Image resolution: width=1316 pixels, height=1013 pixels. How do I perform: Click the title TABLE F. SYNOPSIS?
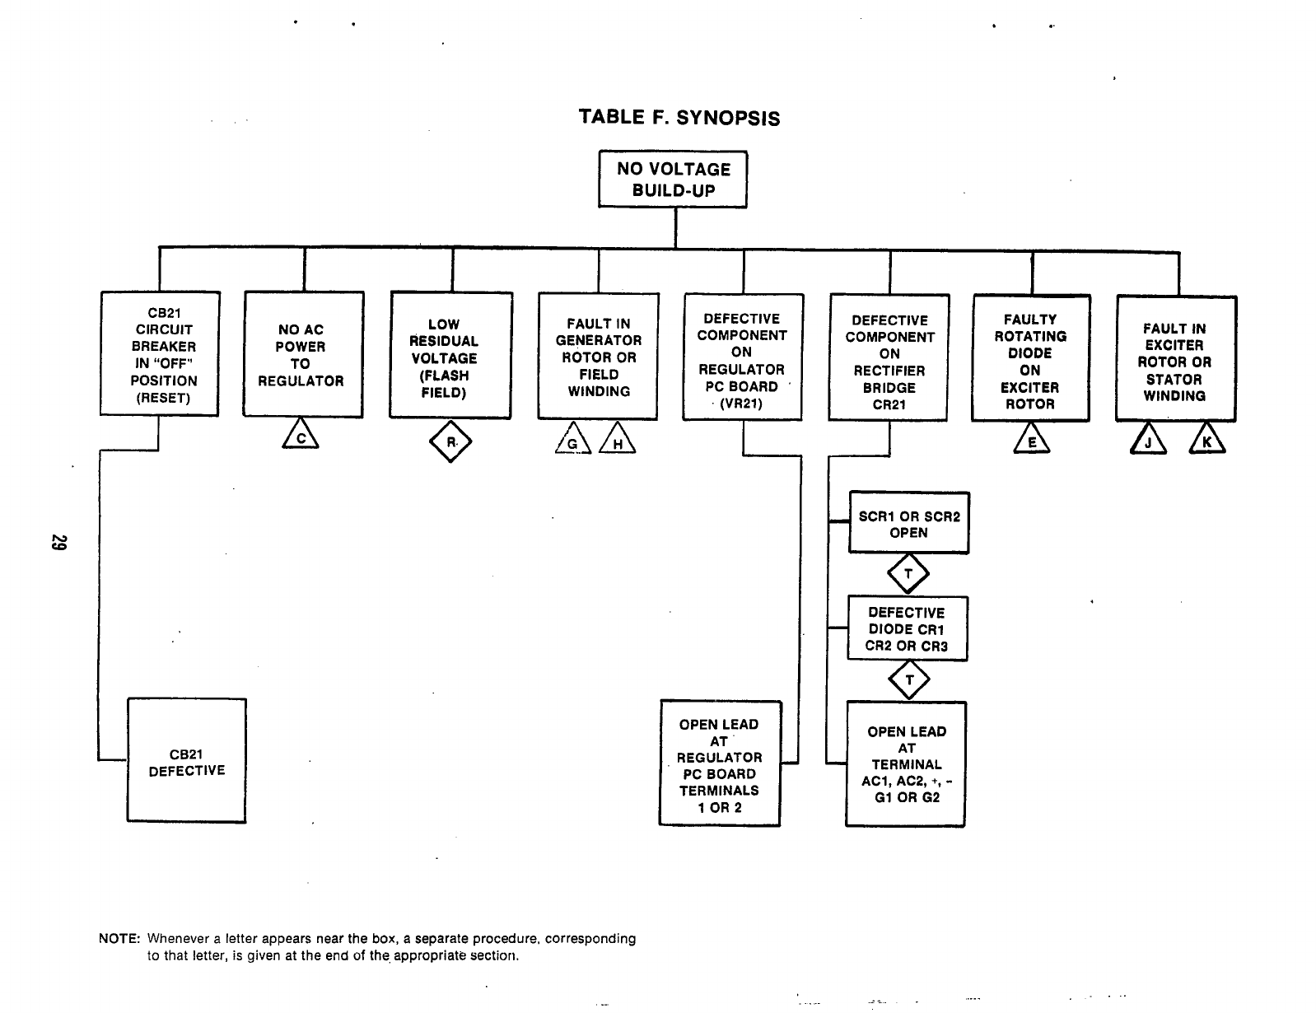679,117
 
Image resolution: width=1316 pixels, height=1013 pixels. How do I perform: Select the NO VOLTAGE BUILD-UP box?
673,180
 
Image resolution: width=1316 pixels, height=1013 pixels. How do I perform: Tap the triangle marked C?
301,436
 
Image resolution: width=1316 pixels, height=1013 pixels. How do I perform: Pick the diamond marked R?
450,442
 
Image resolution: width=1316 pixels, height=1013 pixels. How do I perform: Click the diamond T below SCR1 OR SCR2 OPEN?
908,574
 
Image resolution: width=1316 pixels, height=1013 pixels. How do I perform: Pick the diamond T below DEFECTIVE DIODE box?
909,680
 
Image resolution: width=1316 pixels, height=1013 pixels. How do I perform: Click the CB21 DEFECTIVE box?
186,760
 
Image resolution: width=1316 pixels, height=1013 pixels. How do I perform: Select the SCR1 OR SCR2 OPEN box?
909,523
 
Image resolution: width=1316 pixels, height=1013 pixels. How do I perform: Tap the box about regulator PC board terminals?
719,763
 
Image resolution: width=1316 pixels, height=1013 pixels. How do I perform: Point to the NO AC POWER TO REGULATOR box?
302,354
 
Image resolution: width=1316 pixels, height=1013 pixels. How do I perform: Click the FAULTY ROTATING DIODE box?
1030,359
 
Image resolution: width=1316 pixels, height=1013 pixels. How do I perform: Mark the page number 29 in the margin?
58,544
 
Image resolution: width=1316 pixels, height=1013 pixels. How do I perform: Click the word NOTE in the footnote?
119,939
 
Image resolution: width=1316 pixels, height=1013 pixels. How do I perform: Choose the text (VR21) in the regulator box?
742,404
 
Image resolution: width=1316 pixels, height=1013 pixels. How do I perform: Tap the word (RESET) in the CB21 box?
163,398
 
